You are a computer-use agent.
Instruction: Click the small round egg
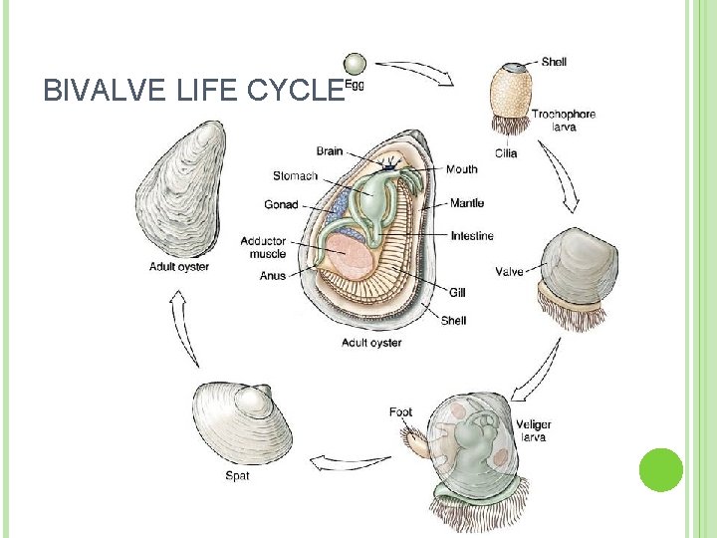coord(355,63)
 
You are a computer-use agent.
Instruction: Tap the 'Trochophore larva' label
coord(563,121)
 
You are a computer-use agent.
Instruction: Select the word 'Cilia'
coord(505,153)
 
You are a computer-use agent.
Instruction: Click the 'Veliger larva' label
coord(534,431)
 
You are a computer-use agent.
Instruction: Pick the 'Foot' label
coord(400,412)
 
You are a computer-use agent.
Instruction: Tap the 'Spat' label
coord(237,475)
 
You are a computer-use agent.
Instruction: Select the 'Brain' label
coord(330,151)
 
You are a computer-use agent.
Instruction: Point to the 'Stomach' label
coord(295,176)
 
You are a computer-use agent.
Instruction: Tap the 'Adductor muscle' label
coord(263,247)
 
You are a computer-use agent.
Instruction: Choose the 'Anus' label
coord(272,276)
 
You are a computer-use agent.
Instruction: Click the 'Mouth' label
coord(461,169)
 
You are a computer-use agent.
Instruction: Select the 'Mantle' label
coord(467,203)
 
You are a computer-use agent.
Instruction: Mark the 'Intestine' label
coord(472,236)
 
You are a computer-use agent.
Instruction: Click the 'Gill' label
coord(457,293)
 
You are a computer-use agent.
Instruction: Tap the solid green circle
coord(660,469)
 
